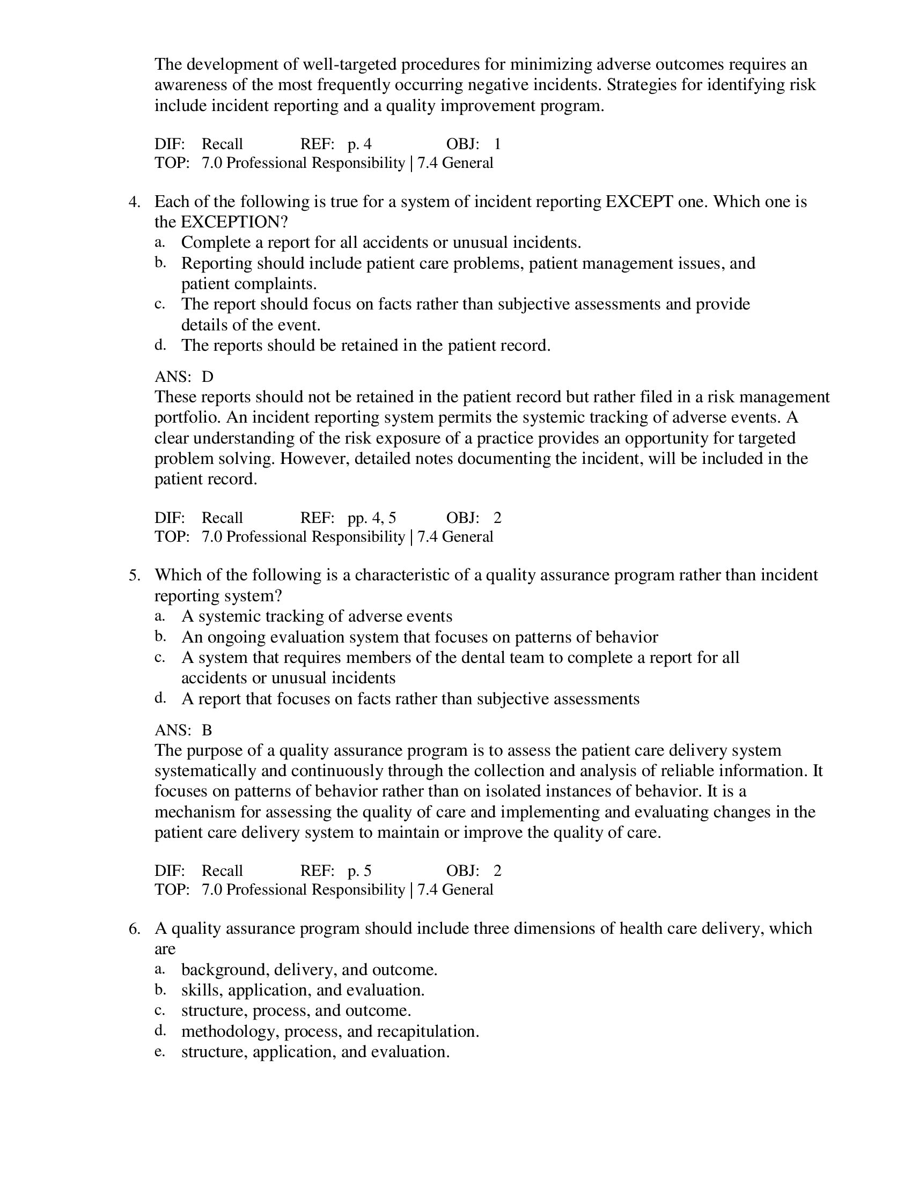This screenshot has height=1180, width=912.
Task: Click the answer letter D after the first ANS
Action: (x=208, y=377)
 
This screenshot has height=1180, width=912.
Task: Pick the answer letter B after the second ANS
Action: (x=207, y=731)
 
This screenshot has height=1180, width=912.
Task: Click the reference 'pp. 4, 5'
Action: (x=371, y=518)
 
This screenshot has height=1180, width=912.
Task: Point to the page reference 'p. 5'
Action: (x=359, y=871)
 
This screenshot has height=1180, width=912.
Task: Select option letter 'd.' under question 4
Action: (x=160, y=345)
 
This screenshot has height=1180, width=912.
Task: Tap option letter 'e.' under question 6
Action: (x=159, y=1051)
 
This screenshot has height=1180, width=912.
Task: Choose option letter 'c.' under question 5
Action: (x=159, y=658)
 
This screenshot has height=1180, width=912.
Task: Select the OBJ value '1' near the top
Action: (x=497, y=144)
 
